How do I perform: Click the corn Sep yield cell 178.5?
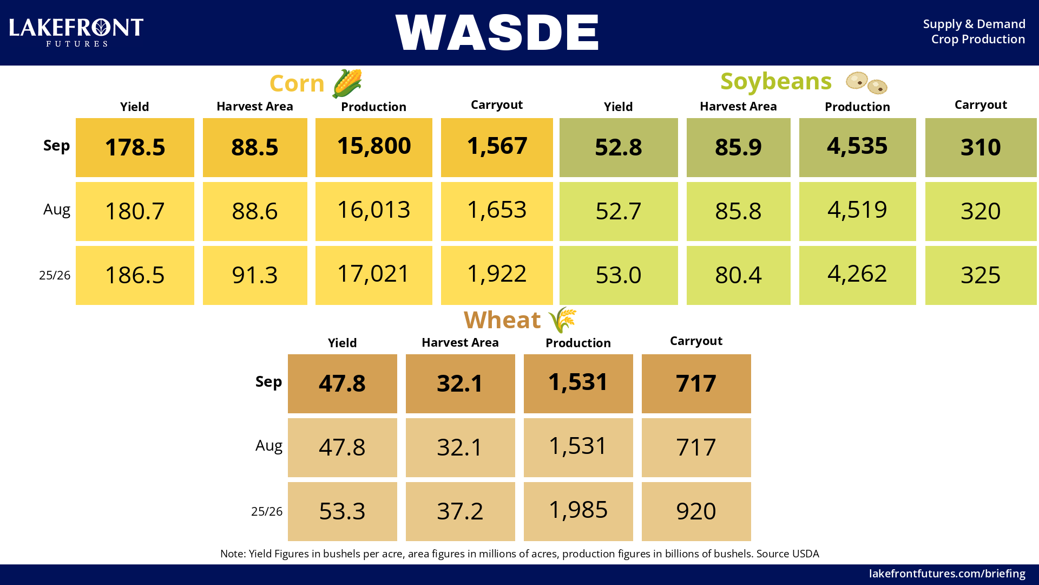pos(135,147)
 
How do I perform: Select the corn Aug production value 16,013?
pos(374,210)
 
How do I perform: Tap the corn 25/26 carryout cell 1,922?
pos(497,275)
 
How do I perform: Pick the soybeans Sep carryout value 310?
pos(981,147)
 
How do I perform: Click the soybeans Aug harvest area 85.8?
pos(738,211)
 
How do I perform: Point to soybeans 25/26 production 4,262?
pos(857,274)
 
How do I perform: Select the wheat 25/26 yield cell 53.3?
pos(343,511)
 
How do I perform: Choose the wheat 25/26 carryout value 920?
pos(696,511)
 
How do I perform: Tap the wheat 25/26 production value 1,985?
pos(578,510)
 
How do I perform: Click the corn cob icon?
pos(347,83)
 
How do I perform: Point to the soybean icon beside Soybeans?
pos(866,83)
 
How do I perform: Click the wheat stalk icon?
pos(562,320)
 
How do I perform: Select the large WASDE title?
pos(497,32)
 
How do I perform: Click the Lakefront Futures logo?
pos(76,32)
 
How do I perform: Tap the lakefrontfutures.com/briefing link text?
pos(947,574)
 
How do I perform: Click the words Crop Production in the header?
pos(978,40)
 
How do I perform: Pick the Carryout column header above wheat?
pos(696,341)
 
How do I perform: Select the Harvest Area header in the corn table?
pos(255,107)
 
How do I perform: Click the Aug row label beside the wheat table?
pos(269,446)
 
